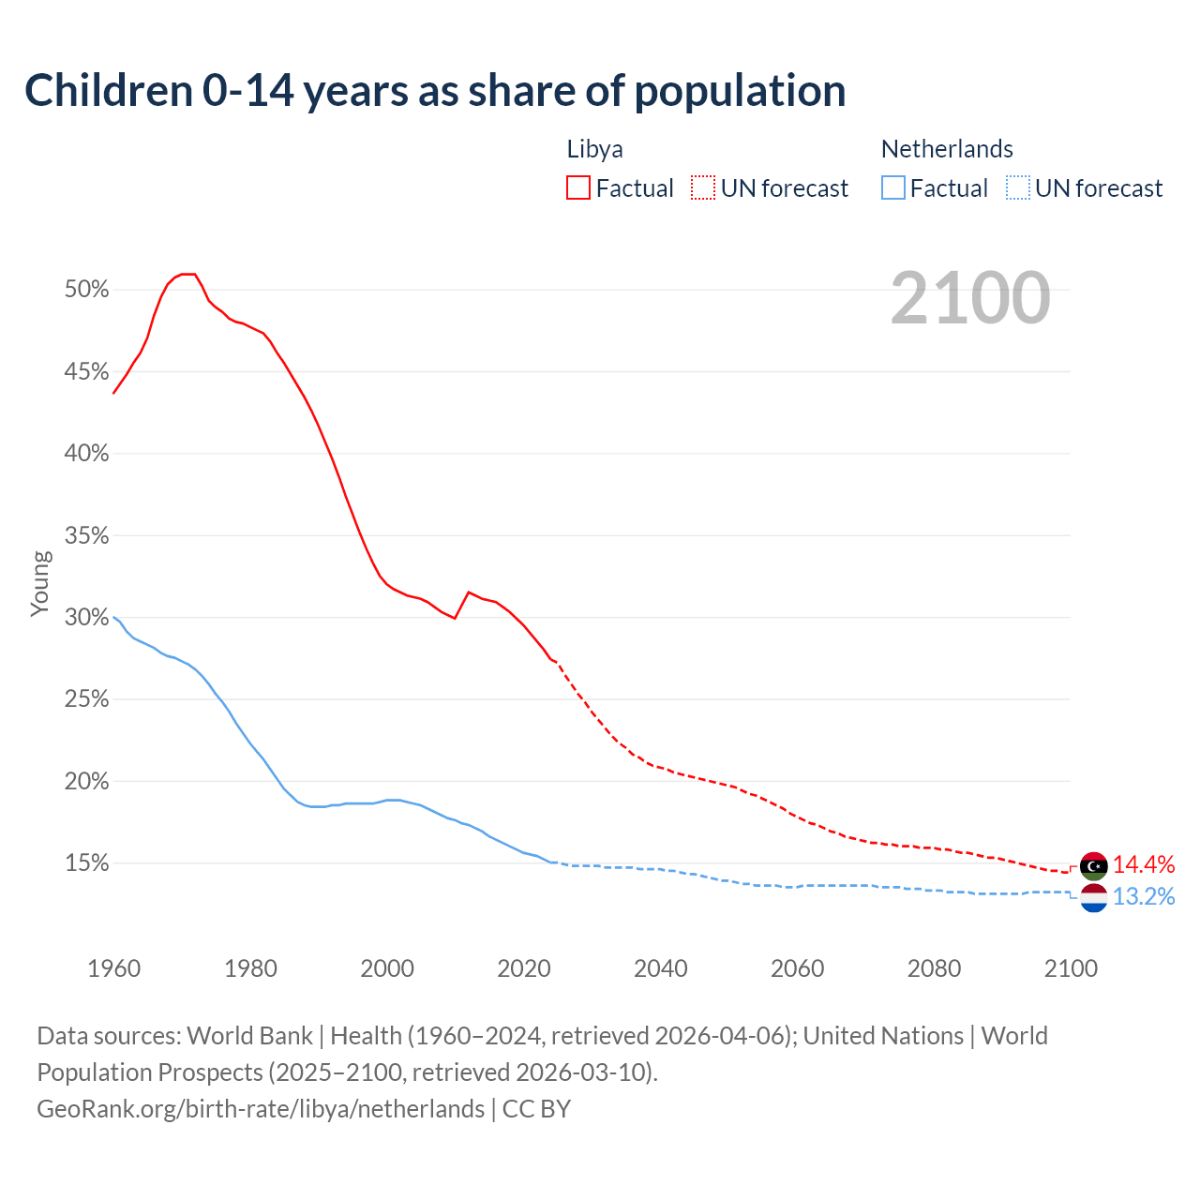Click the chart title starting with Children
pyautogui.click(x=435, y=91)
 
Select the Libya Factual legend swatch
pyautogui.click(x=578, y=188)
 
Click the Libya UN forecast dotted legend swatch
pyautogui.click(x=703, y=188)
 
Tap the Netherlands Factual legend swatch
pyautogui.click(x=893, y=188)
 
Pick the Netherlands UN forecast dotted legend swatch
pyautogui.click(x=1018, y=188)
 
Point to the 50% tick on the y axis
pyautogui.click(x=87, y=290)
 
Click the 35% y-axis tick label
pyautogui.click(x=87, y=536)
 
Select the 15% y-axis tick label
pyautogui.click(x=87, y=863)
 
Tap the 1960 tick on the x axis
pyautogui.click(x=113, y=968)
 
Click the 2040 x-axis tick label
pyautogui.click(x=661, y=968)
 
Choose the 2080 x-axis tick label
pyautogui.click(x=934, y=968)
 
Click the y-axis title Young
pyautogui.click(x=40, y=583)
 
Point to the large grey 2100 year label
pyautogui.click(x=970, y=298)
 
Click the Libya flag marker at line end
pyautogui.click(x=1094, y=866)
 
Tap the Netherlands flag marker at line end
pyautogui.click(x=1094, y=897)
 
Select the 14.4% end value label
pyautogui.click(x=1144, y=864)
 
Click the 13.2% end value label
pyautogui.click(x=1144, y=897)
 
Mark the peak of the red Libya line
pyautogui.click(x=188, y=274)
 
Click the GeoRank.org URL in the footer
pyautogui.click(x=261, y=1109)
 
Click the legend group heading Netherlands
pyautogui.click(x=947, y=149)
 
